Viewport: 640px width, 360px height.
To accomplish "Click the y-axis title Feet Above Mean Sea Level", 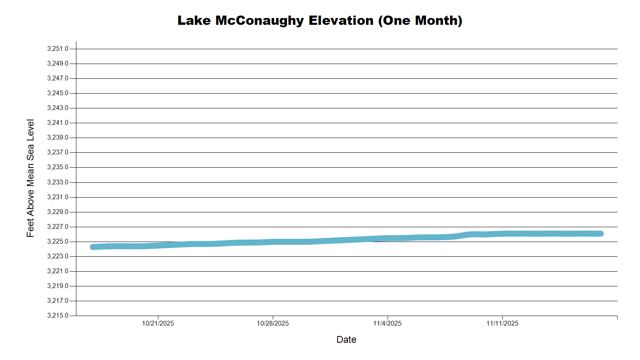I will pos(30,178).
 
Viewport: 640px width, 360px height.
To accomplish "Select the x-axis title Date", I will pos(346,340).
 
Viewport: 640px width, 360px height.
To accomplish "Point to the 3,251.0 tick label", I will pos(58,49).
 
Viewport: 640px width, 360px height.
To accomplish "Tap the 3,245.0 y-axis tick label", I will pos(58,93).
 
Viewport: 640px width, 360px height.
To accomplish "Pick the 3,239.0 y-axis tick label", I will pos(58,138).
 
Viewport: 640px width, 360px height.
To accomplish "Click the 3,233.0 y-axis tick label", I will pos(58,182).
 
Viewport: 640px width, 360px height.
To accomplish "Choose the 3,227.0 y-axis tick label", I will pos(58,227).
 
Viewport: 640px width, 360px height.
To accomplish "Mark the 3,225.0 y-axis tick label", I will pos(58,242).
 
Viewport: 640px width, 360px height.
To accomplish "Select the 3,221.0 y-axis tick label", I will pos(58,271).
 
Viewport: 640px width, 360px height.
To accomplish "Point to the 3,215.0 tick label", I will pos(58,316).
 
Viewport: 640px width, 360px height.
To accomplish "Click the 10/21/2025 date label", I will pos(158,324).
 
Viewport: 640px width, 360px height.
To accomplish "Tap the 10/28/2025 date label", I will pos(273,324).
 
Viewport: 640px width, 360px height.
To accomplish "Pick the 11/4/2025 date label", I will pos(387,324).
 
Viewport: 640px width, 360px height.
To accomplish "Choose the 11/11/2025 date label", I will pos(502,324).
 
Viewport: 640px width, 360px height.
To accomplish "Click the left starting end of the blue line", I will pos(93,247).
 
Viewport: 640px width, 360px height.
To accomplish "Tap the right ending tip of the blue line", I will pos(601,234).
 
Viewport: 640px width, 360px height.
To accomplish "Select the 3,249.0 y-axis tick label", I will pos(58,64).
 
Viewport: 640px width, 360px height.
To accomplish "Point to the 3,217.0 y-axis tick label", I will pos(58,301).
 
